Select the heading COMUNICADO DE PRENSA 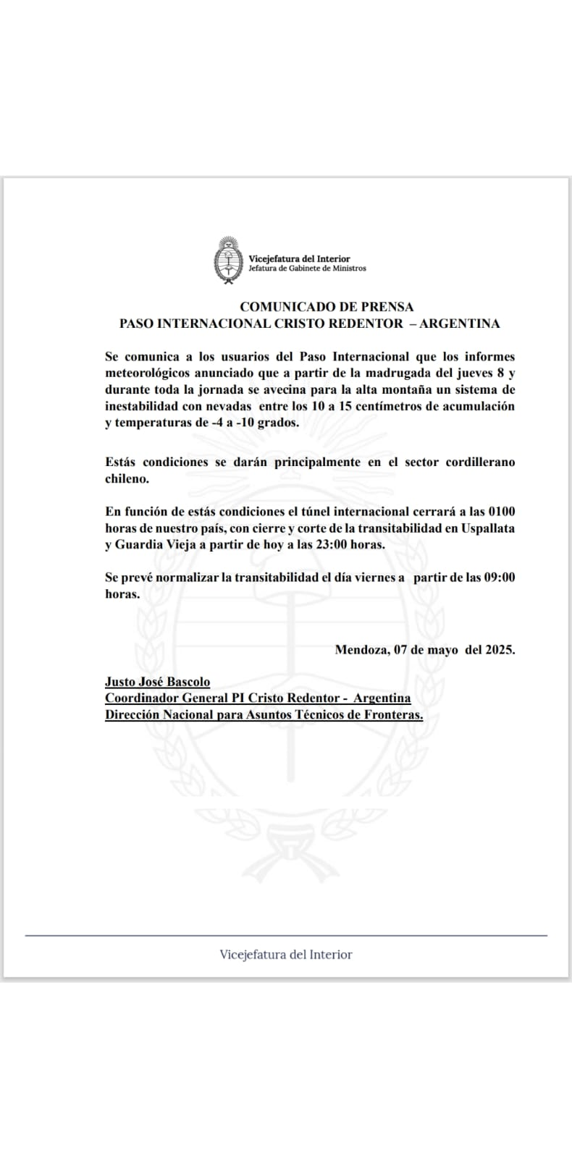pyautogui.click(x=327, y=307)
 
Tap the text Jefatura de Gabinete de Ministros pyautogui.click(x=307, y=269)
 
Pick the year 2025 pyautogui.click(x=498, y=649)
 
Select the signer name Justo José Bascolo pyautogui.click(x=158, y=682)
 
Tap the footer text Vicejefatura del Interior pyautogui.click(x=286, y=955)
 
